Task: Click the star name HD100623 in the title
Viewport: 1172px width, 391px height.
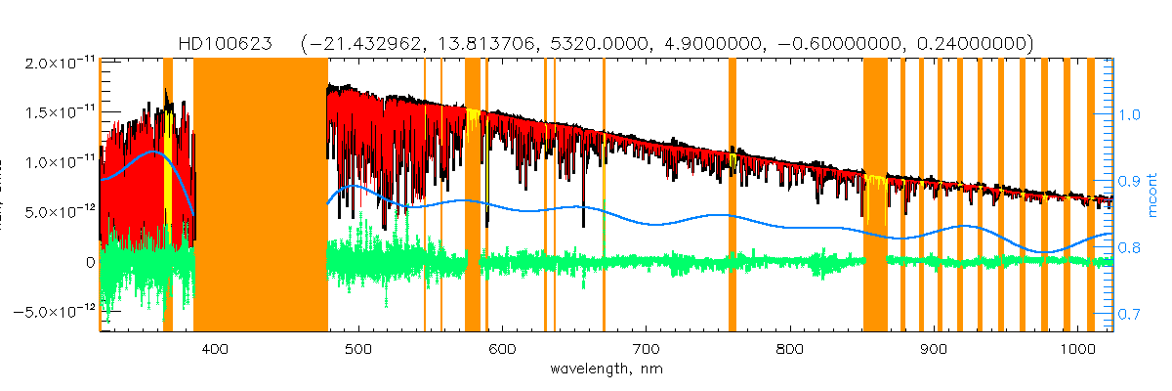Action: point(226,43)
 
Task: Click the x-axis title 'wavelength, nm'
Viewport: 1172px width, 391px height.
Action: point(605,370)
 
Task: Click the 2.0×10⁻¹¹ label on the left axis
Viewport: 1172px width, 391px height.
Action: point(57,63)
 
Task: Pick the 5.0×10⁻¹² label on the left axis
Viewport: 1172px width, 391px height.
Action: point(57,212)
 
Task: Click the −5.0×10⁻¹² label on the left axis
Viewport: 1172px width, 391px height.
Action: point(54,312)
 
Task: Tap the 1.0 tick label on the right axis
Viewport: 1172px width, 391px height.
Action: point(1128,114)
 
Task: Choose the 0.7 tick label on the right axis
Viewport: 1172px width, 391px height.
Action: point(1128,315)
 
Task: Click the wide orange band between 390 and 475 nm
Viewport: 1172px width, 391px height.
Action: point(260,195)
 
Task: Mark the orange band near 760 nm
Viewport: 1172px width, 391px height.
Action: point(732,195)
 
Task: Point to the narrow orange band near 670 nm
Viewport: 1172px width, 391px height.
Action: point(604,195)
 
